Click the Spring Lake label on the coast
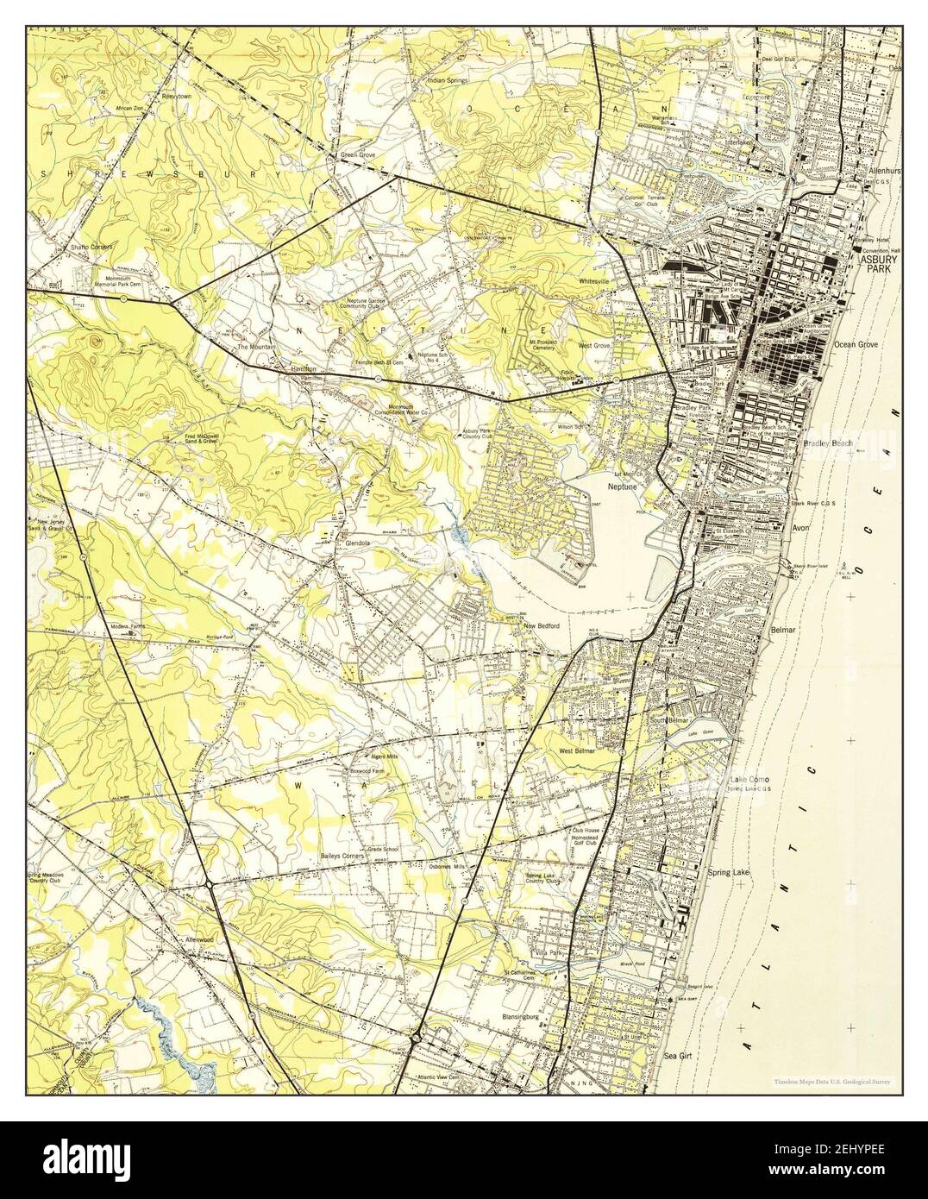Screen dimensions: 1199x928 point(729,874)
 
